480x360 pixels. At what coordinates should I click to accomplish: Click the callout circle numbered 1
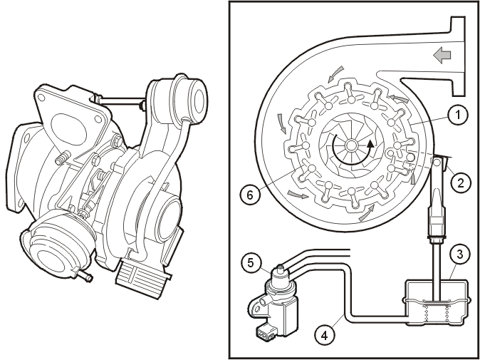[x=457, y=115]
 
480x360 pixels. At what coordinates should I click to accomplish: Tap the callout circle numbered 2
[x=460, y=182]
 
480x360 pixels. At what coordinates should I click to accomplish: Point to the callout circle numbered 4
[x=324, y=336]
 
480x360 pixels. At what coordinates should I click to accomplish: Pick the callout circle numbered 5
[x=251, y=262]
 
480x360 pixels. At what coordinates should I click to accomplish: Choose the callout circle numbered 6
[x=250, y=195]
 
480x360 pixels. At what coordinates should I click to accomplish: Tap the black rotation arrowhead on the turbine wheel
[x=371, y=144]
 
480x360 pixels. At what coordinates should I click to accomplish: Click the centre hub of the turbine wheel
[x=351, y=145]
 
